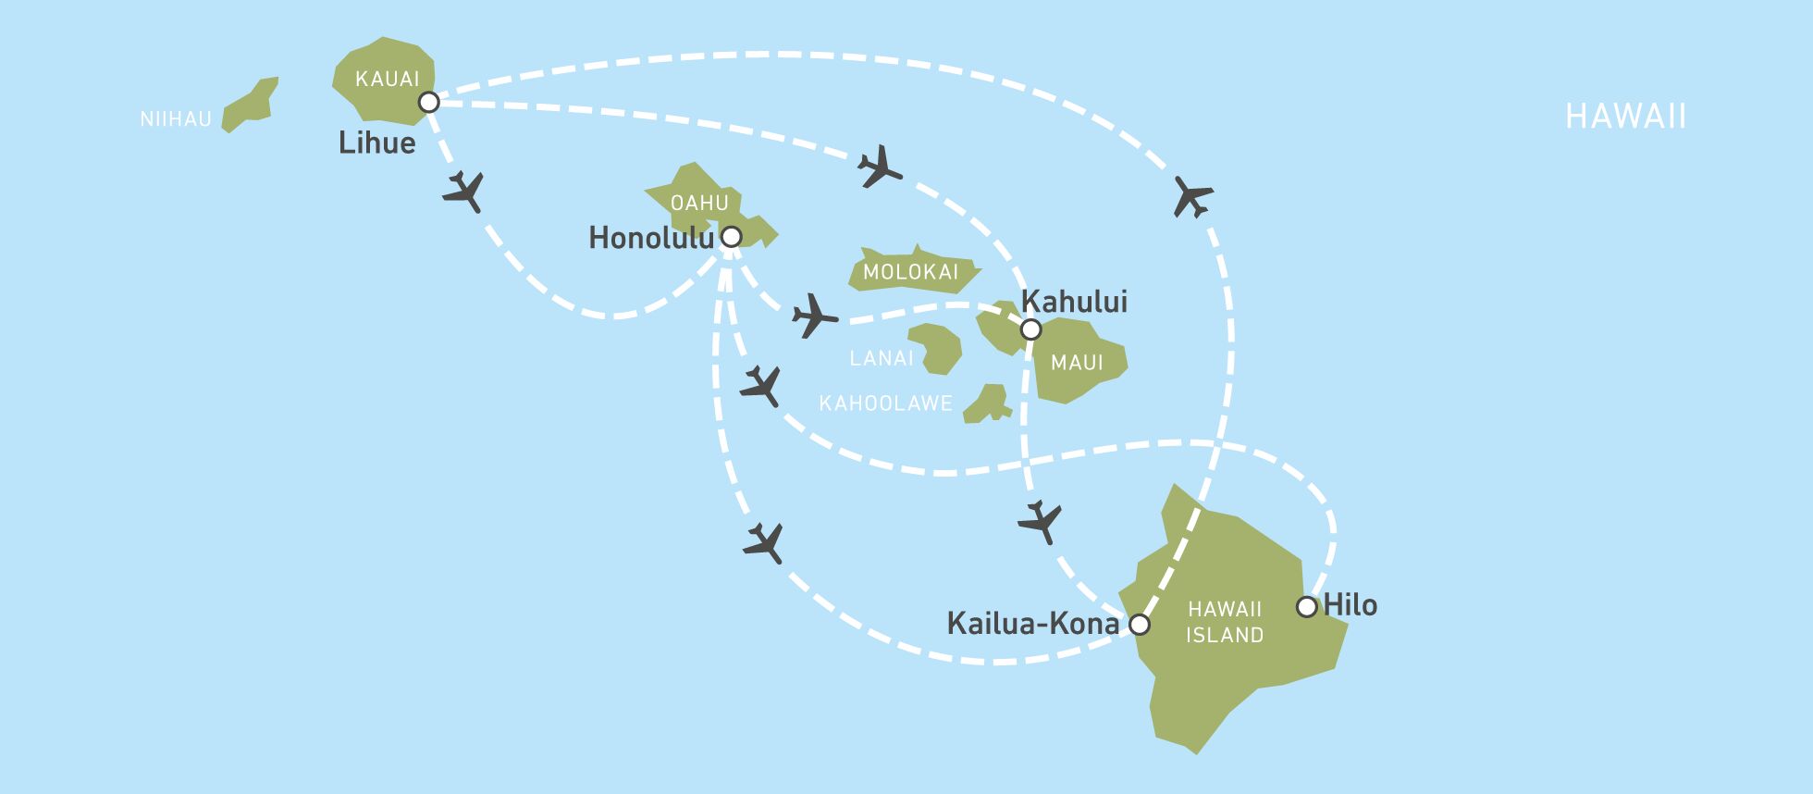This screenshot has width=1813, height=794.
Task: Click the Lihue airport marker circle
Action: tap(428, 102)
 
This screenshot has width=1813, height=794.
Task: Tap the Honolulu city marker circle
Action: tap(731, 237)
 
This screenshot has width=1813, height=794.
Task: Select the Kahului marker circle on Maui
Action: tap(1030, 329)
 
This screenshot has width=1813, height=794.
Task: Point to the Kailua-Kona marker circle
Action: tap(1141, 625)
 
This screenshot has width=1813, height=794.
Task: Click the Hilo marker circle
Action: tap(1307, 607)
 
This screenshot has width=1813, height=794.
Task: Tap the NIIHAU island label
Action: tap(176, 119)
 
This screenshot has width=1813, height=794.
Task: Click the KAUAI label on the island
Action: tap(388, 79)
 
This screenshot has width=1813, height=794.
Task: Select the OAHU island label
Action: tap(699, 203)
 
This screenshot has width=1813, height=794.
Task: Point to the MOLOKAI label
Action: tap(910, 272)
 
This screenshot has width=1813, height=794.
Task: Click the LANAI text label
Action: tap(882, 358)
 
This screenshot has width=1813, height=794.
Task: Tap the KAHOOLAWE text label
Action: tap(885, 403)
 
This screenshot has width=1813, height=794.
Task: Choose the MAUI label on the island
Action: tap(1077, 362)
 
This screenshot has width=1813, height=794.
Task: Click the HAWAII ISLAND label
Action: tap(1225, 622)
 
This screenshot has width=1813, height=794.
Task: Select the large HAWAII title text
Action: tap(1625, 117)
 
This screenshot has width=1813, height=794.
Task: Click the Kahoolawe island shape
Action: tap(987, 404)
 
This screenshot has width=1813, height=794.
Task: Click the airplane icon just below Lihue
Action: tap(463, 192)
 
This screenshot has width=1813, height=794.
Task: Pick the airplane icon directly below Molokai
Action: tap(814, 316)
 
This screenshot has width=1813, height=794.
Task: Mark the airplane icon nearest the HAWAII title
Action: tap(1192, 196)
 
